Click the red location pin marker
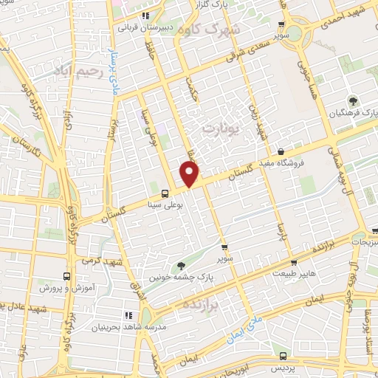tap(190, 174)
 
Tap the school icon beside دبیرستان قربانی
tap(146, 14)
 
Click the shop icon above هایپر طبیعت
tap(294, 262)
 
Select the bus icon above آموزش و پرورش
tap(67, 275)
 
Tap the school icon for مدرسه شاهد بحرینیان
tap(129, 315)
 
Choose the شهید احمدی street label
tap(346, 14)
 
